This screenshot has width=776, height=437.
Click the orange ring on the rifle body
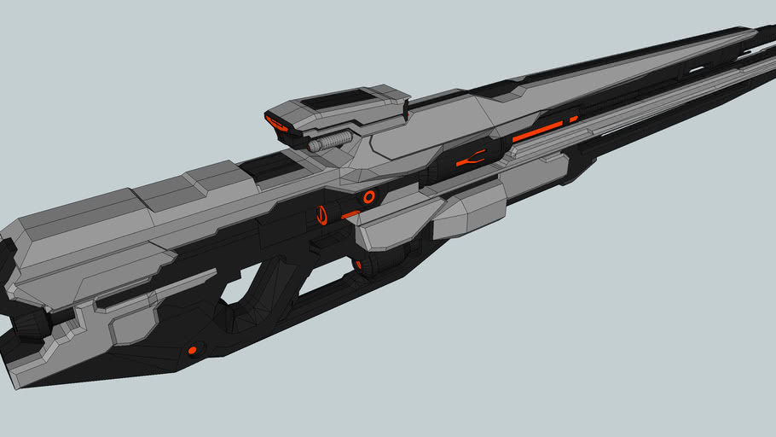369,197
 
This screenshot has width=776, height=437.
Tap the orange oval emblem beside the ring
322,215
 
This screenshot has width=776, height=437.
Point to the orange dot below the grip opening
192,350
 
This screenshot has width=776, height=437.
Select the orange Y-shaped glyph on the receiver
470,159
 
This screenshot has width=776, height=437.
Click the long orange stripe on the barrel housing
537,131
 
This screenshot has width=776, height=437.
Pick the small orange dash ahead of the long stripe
574,119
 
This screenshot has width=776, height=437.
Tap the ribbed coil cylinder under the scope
330,141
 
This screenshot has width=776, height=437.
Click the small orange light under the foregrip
357,265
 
